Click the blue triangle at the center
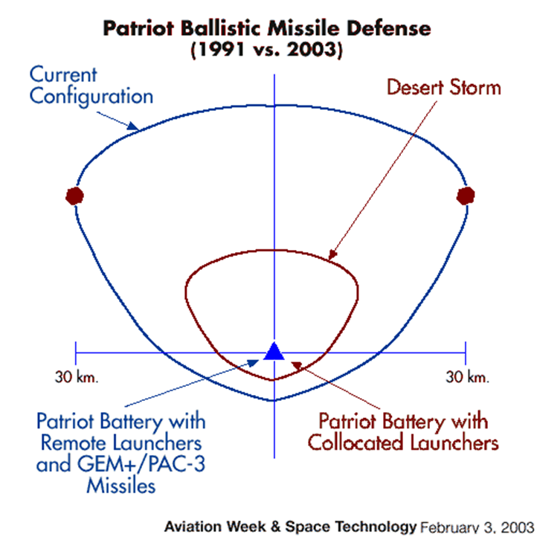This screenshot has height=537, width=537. click(274, 352)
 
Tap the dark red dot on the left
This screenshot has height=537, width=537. click(74, 196)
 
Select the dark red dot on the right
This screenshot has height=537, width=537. click(466, 196)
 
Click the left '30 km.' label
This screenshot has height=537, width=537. click(77, 377)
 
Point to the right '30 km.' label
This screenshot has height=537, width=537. click(468, 377)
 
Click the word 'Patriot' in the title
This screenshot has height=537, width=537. click(138, 28)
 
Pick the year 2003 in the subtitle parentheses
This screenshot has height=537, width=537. click(312, 49)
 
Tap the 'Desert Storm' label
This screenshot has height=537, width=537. click(444, 87)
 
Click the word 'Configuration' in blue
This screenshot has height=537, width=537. click(91, 96)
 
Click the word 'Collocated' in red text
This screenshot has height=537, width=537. click(356, 443)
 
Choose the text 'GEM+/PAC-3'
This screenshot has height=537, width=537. click(141, 464)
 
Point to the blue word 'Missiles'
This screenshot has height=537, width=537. click(121, 486)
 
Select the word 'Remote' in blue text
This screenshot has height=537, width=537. click(74, 443)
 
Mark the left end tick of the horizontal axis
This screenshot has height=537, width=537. click(76, 353)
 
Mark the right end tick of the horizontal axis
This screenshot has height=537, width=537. click(466, 353)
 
